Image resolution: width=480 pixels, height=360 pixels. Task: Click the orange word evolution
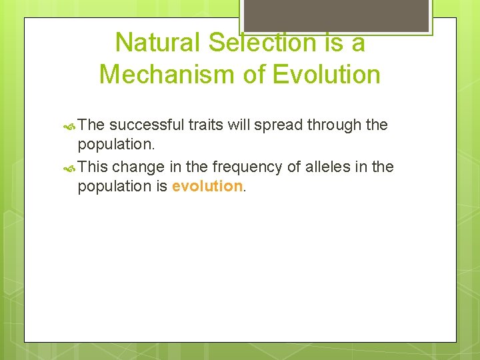pos(207,187)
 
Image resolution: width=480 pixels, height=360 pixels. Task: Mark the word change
pos(137,167)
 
